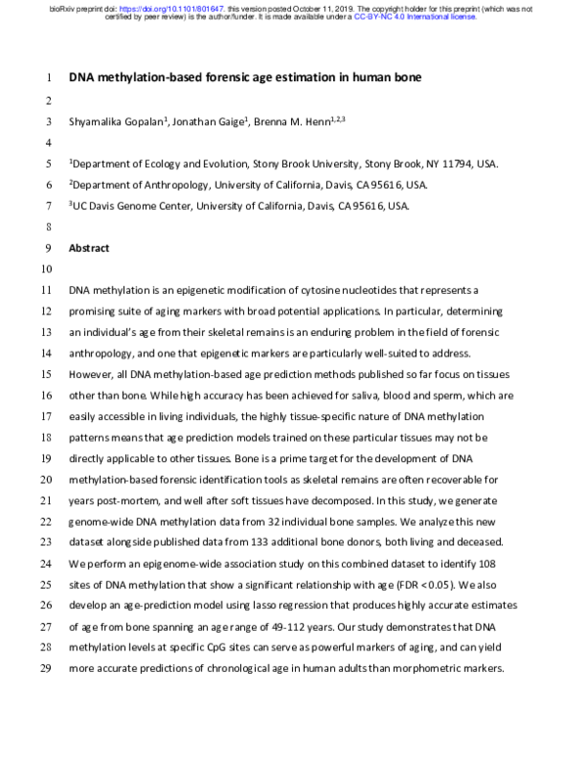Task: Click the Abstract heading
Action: (89, 248)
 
